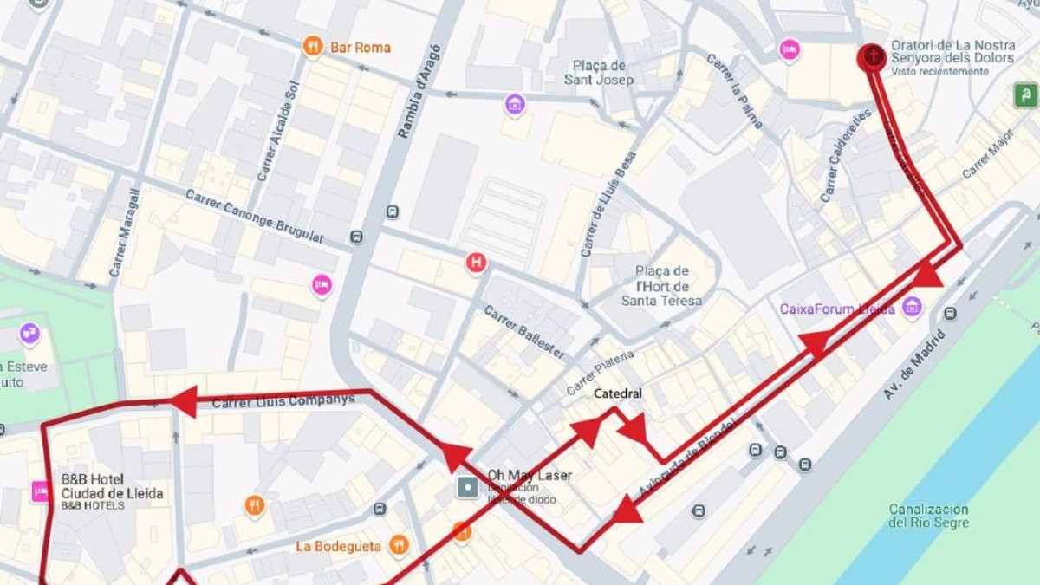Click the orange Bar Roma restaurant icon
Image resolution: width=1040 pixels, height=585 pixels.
313,47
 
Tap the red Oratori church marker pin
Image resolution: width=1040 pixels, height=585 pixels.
872,57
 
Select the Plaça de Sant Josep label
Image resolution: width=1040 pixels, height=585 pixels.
599,73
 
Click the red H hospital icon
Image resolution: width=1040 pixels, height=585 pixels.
476,263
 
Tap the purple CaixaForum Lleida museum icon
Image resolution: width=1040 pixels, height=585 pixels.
911,307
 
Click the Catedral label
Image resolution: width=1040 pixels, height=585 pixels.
618,393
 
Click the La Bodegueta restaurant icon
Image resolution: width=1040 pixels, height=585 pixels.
399,544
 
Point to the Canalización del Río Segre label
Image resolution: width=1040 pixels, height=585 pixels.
928,516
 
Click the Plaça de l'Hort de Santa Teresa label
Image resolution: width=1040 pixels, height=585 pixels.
661,285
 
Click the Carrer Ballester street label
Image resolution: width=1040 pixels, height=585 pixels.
524,332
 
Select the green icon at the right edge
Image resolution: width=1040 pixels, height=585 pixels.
1026,94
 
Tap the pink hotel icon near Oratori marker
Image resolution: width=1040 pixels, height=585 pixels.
789,49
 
